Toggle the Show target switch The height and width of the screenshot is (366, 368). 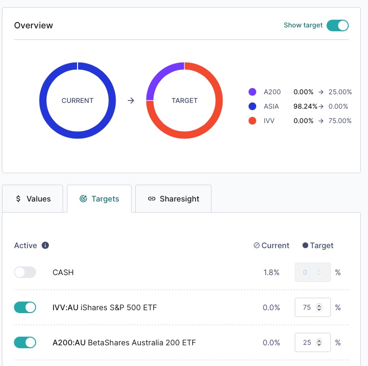[x=337, y=25]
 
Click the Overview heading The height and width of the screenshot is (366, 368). [x=34, y=25]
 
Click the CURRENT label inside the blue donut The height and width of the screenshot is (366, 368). [x=78, y=101]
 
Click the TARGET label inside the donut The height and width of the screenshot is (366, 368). [x=184, y=101]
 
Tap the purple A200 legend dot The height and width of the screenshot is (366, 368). [x=252, y=92]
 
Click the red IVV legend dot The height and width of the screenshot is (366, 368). [x=252, y=121]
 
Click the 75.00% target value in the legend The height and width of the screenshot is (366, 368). [x=340, y=121]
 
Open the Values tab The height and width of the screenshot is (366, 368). [x=33, y=199]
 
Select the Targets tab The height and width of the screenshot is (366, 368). [x=99, y=199]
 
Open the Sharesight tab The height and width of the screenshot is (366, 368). [x=173, y=199]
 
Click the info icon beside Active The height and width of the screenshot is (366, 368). [x=45, y=245]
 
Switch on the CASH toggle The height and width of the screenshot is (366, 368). [x=25, y=272]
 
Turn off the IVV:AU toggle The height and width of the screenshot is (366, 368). [x=25, y=307]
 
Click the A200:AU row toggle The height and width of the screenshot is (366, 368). [x=25, y=342]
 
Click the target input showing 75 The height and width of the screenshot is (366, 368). [x=308, y=307]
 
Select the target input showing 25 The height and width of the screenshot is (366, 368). [x=308, y=342]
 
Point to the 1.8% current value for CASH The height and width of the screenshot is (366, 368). [x=271, y=272]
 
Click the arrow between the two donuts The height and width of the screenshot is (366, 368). [x=131, y=101]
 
